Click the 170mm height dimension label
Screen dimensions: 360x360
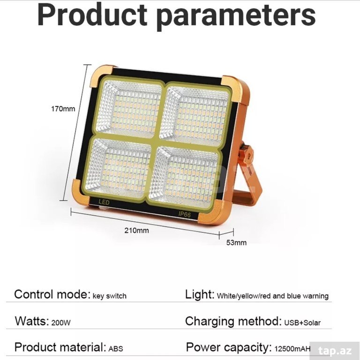[63, 109]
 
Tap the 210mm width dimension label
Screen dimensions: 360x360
[136, 230]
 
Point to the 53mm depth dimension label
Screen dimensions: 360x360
[236, 243]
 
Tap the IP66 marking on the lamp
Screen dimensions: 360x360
[185, 214]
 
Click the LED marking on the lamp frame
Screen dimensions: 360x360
[104, 202]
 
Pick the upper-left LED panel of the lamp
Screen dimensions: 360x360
[130, 107]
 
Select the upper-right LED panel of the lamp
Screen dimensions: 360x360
[195, 114]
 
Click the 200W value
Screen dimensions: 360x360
[61, 322]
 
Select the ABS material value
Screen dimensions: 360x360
[116, 349]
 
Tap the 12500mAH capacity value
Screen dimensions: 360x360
[292, 349]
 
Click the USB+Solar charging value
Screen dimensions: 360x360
[302, 322]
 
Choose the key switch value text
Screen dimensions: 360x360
[110, 296]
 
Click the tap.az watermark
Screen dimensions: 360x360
[335, 351]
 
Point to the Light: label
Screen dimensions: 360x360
[200, 294]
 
